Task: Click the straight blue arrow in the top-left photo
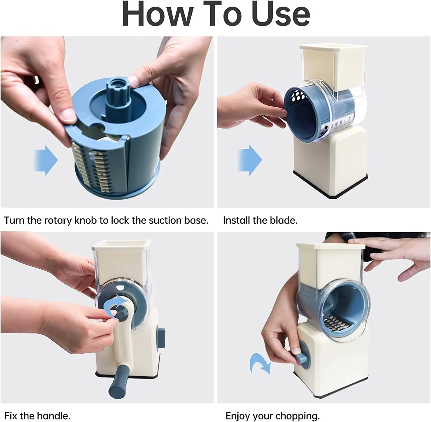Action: coord(46,160)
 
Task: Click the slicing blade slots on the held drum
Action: coord(92,167)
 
